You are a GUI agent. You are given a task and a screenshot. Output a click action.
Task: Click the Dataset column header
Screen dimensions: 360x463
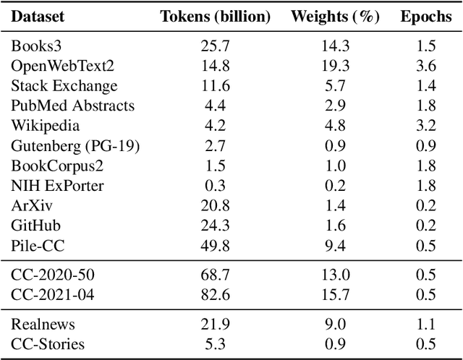pos(37,17)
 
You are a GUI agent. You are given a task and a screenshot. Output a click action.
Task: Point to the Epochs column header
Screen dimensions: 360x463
pos(425,17)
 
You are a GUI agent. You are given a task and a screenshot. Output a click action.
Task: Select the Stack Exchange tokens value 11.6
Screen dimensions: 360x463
pos(216,86)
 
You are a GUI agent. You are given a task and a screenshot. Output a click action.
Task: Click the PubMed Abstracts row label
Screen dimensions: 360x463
pos(72,106)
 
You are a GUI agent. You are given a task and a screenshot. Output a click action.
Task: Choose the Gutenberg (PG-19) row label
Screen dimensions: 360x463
pos(75,146)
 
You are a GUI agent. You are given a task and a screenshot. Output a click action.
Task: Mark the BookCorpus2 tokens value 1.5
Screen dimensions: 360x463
pos(216,166)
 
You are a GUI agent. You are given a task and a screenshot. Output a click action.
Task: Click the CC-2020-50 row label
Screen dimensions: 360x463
pos(53,276)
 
